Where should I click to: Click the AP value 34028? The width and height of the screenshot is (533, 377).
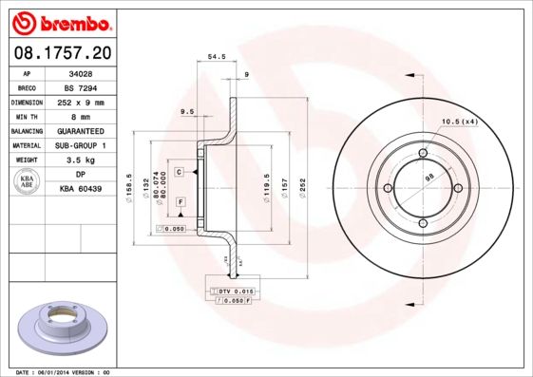click(81, 72)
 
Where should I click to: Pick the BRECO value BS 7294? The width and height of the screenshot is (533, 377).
click(81, 86)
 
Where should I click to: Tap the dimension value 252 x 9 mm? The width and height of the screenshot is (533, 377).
click(81, 102)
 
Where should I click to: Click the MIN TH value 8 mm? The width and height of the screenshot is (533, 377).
click(81, 116)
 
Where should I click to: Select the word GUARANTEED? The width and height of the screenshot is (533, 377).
click(81, 131)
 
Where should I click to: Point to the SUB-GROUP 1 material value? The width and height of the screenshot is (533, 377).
click(81, 145)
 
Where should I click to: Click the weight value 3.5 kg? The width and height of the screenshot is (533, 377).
click(81, 160)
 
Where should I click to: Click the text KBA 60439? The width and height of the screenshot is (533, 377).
click(81, 190)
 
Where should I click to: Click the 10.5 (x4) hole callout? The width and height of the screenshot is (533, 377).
click(460, 121)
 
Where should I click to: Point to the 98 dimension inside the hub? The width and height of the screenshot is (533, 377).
click(428, 177)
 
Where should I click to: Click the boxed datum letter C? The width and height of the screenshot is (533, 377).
click(179, 172)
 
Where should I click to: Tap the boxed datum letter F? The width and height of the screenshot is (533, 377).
click(179, 203)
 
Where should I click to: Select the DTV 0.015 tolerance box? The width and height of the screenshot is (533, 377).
click(233, 290)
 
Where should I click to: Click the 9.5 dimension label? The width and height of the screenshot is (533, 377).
click(187, 112)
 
